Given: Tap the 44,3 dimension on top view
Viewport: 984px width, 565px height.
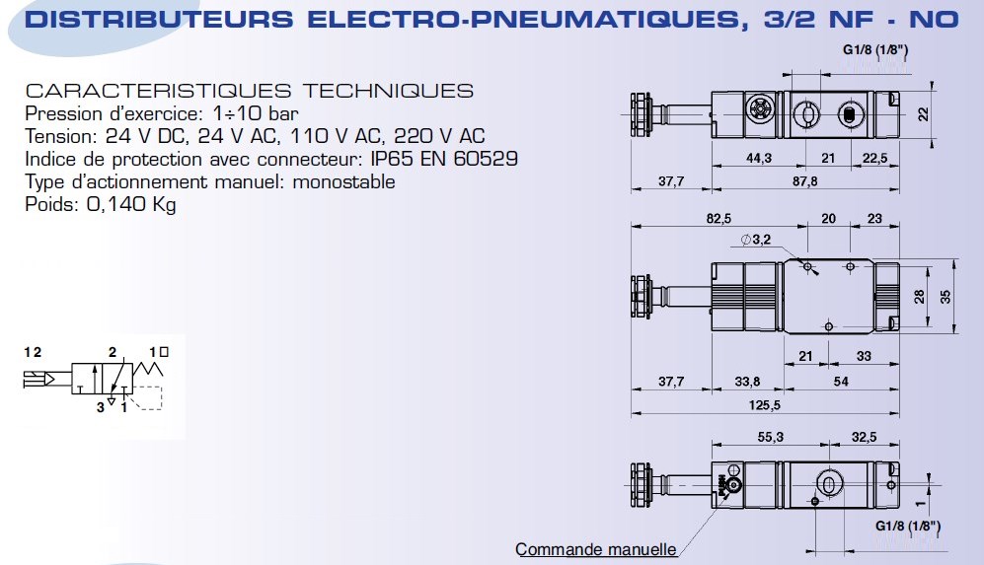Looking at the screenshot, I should pyautogui.click(x=758, y=159).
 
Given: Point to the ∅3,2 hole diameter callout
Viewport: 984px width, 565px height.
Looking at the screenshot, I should pyautogui.click(x=755, y=240).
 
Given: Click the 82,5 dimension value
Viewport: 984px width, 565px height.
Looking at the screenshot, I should pyautogui.click(x=718, y=218).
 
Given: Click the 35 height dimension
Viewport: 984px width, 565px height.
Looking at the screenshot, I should pyautogui.click(x=946, y=296).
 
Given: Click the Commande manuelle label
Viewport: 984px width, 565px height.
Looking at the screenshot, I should pyautogui.click(x=595, y=549).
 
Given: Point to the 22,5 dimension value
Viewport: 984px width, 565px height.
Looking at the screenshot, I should pyautogui.click(x=874, y=159).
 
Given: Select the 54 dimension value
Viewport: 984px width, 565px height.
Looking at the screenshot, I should pyautogui.click(x=842, y=381).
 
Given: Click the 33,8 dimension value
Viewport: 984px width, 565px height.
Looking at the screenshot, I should pyautogui.click(x=748, y=381).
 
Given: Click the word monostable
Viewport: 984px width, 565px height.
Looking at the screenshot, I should pyautogui.click(x=347, y=181).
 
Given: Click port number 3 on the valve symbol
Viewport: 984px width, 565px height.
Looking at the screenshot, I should pyautogui.click(x=100, y=405).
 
